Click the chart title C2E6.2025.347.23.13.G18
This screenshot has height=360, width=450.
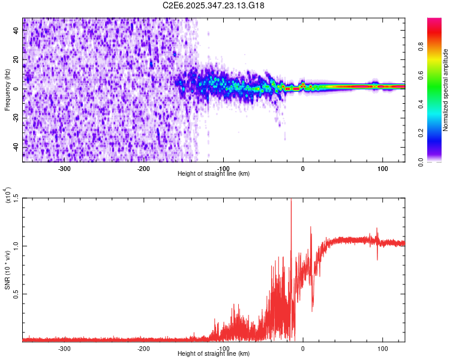tap(214, 5)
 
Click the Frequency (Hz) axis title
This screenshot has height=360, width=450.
tap(8, 90)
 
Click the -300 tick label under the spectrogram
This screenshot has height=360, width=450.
tap(64, 169)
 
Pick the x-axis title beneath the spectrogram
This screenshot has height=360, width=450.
tap(214, 174)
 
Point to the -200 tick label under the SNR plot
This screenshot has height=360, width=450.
tap(143, 349)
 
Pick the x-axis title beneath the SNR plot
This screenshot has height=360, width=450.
tap(214, 354)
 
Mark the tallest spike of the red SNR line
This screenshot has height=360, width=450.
tap(291, 202)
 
